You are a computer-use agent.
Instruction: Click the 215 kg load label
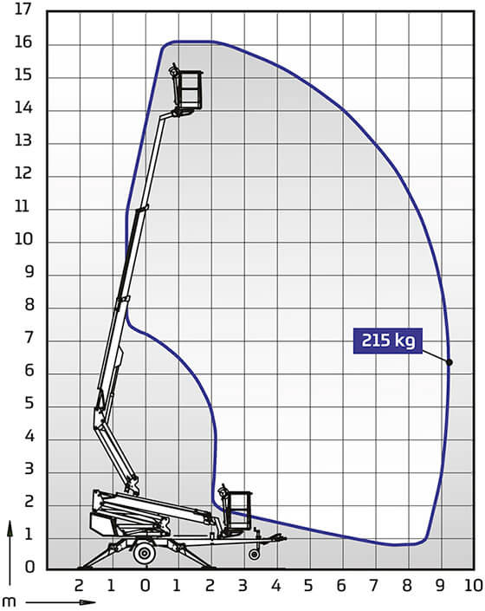(388, 341)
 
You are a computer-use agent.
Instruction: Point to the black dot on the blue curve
(449, 362)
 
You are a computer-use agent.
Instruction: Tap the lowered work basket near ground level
(235, 510)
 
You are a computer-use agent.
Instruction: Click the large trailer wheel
(145, 553)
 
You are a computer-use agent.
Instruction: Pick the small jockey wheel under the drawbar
(255, 554)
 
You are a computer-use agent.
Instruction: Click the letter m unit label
(9, 601)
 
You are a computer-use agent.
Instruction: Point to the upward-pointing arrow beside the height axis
(10, 552)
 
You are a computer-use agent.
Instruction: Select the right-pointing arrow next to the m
(61, 602)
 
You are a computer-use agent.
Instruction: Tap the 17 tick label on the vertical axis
(23, 10)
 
